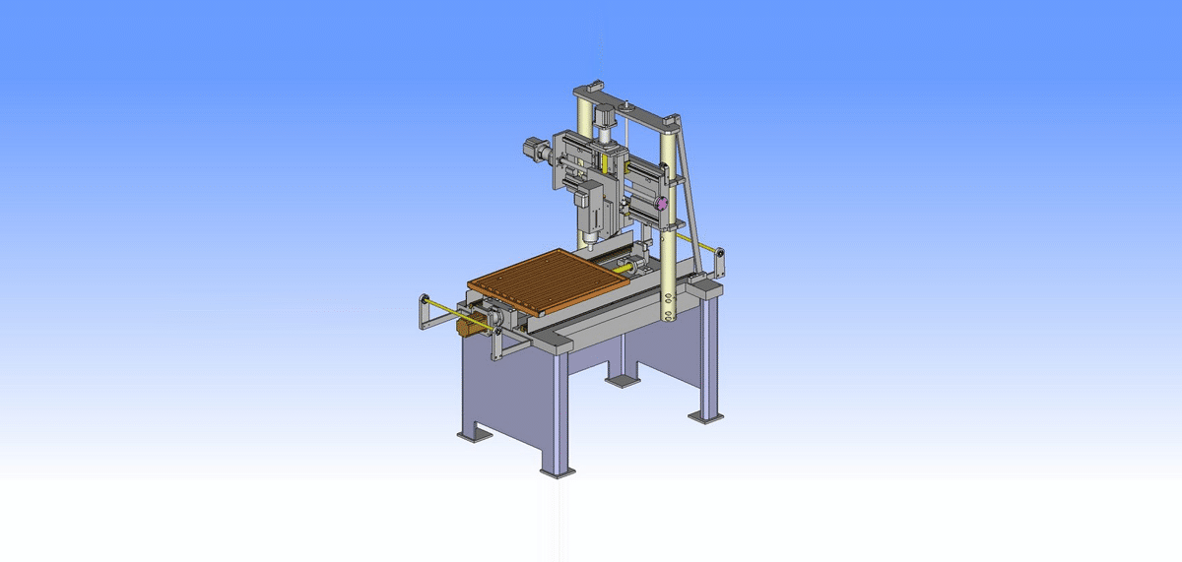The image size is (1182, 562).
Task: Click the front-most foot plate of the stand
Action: point(558,472)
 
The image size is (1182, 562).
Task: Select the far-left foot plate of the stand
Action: point(472,433)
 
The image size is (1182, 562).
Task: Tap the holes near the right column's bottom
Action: point(669,306)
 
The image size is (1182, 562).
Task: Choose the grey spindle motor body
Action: point(594,207)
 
